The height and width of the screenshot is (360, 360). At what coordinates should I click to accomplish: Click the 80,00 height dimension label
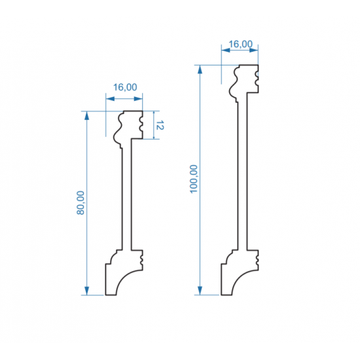click(81, 203)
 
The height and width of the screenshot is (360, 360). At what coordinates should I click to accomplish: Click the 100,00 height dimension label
click(194, 179)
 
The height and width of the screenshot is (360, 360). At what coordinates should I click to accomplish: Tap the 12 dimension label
click(160, 125)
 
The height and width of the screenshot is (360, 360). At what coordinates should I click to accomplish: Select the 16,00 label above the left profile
click(125, 87)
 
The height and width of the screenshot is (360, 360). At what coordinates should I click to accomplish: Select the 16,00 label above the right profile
click(241, 44)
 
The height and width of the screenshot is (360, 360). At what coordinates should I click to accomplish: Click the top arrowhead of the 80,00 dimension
click(86, 115)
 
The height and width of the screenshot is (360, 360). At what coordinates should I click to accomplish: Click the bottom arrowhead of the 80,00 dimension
click(86, 291)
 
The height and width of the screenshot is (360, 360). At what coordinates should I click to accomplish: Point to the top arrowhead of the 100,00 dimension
click(200, 69)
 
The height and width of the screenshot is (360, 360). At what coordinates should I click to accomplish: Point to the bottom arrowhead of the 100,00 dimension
click(200, 291)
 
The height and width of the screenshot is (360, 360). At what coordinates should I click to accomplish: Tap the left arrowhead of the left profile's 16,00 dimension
click(110, 99)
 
